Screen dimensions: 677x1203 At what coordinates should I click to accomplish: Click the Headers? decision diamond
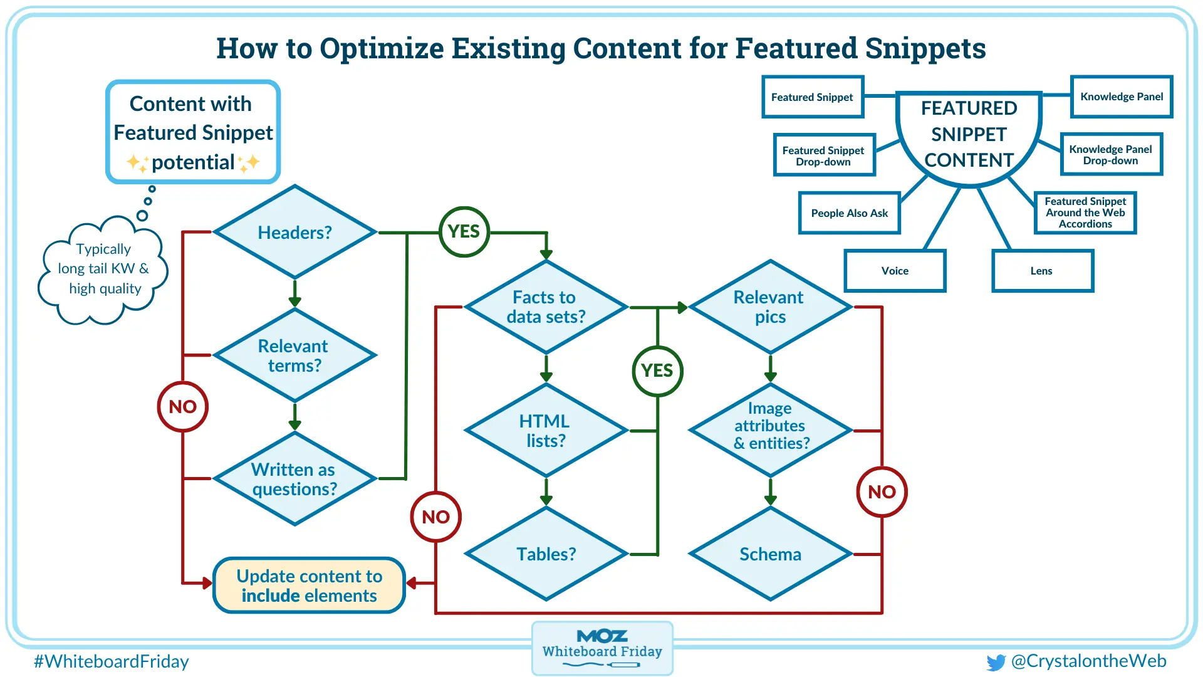click(294, 232)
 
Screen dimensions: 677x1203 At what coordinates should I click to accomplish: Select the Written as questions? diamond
click(294, 479)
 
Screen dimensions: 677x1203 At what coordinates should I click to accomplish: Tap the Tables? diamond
click(546, 554)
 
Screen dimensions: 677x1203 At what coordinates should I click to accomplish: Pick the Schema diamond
click(770, 554)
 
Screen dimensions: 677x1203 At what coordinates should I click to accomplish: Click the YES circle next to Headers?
click(464, 232)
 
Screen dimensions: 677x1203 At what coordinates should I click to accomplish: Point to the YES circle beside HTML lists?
click(657, 371)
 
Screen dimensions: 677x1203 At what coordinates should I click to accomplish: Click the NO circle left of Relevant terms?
click(182, 407)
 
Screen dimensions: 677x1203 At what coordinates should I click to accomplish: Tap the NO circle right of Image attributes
click(882, 492)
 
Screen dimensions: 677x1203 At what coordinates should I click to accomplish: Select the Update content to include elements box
click(309, 585)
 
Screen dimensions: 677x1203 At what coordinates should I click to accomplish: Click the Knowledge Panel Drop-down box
click(1111, 154)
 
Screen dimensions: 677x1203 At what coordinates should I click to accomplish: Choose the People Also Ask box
click(849, 213)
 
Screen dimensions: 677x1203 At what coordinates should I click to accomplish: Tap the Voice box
click(895, 271)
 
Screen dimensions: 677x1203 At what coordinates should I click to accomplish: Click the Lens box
click(1042, 271)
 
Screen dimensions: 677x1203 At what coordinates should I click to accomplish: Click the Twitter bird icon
click(995, 663)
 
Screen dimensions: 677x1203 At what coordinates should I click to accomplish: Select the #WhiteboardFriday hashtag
click(112, 661)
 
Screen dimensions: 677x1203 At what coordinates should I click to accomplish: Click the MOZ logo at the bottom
click(602, 636)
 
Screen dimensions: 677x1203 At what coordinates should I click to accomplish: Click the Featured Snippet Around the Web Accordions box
click(1085, 213)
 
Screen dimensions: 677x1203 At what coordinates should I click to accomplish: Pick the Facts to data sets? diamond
click(546, 307)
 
